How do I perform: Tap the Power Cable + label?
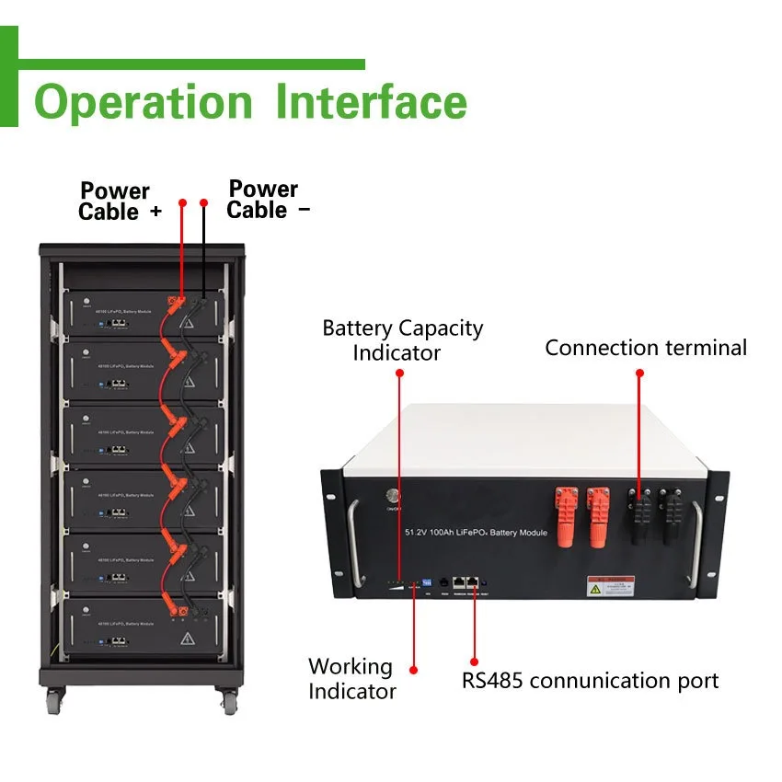point(119,201)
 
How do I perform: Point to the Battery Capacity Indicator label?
point(402,339)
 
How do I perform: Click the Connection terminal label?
point(646,348)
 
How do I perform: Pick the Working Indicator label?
point(351,679)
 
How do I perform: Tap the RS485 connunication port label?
point(590,681)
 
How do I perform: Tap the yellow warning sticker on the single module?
point(610,586)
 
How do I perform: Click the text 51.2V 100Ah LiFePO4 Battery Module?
point(476,533)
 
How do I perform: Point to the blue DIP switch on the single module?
point(426,582)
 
